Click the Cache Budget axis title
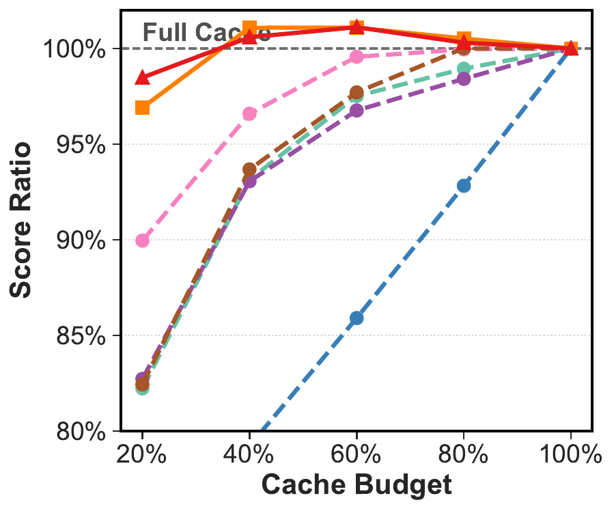tap(357, 485)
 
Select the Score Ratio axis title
tap(22, 220)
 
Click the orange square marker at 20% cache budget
tap(142, 108)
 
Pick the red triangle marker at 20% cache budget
tap(142, 77)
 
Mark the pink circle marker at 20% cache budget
tap(142, 240)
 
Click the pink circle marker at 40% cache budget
tap(249, 113)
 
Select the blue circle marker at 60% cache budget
tap(357, 318)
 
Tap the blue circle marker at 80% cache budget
tap(464, 186)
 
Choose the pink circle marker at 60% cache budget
tap(357, 57)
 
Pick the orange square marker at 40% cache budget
tap(249, 28)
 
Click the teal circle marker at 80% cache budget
tap(464, 68)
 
